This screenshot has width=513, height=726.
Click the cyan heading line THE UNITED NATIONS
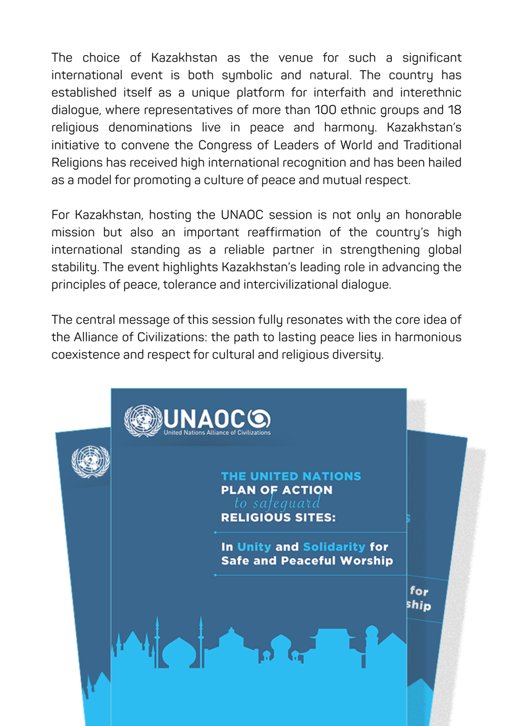pyautogui.click(x=290, y=477)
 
